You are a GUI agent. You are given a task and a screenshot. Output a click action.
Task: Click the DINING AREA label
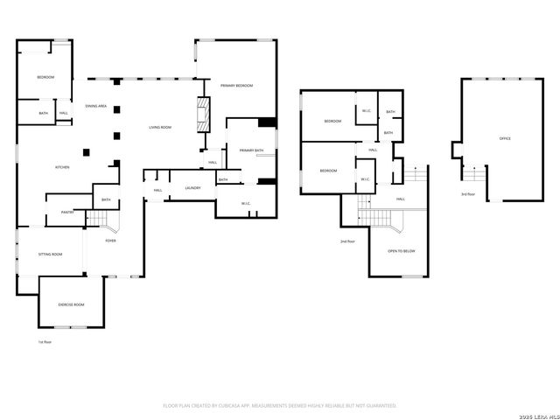click(x=96, y=106)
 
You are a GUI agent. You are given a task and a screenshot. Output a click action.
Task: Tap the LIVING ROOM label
click(x=159, y=128)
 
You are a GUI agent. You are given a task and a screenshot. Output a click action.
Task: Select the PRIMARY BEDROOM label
click(x=236, y=85)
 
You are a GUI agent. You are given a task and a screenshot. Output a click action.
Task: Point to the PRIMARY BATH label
click(x=252, y=150)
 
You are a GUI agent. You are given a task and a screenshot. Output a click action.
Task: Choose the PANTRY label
click(x=66, y=212)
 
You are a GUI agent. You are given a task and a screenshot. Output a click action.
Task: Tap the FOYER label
click(x=110, y=240)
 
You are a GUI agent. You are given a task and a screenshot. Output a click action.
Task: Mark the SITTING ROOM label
click(x=50, y=254)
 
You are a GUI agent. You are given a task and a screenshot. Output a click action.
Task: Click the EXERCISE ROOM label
click(x=71, y=304)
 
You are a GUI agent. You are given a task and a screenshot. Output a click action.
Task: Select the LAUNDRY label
click(x=192, y=188)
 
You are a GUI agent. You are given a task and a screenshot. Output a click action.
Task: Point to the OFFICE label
click(x=504, y=138)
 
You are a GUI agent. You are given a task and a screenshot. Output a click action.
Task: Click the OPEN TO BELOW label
click(x=402, y=251)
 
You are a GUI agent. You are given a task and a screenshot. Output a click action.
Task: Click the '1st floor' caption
click(x=44, y=341)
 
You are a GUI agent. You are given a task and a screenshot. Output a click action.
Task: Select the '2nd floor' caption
click(x=347, y=241)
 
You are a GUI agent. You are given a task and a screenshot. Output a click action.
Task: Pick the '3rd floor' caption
click(x=468, y=193)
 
